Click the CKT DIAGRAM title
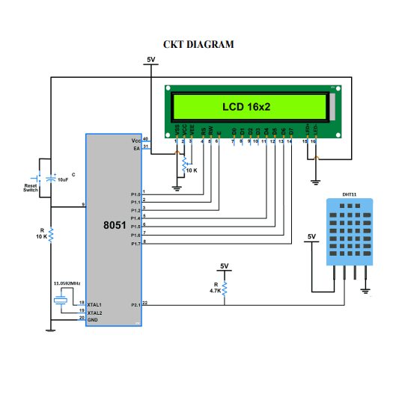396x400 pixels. [x=198, y=44]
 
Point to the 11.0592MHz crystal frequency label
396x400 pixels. [x=67, y=285]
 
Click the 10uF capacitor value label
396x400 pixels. [x=64, y=180]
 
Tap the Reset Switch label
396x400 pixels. [x=30, y=188]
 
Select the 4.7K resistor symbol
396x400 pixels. [x=224, y=288]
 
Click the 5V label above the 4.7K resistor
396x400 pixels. [x=224, y=266]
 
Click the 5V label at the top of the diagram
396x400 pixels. [x=151, y=60]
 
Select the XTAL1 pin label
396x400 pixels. [x=94, y=305]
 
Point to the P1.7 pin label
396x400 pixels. [x=135, y=244]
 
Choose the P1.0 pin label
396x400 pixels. [x=135, y=194]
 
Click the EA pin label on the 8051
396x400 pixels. [x=137, y=148]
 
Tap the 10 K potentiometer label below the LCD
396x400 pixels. [x=191, y=170]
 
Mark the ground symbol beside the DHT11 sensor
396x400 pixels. [x=365, y=291]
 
